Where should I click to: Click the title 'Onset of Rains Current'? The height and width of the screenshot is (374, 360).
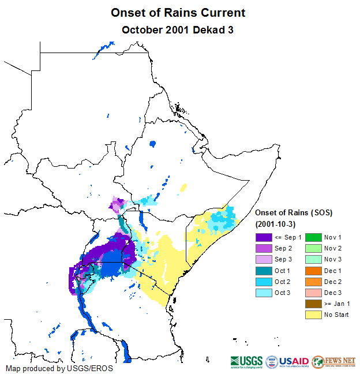tap(178, 13)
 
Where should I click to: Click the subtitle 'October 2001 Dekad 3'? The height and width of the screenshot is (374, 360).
tap(178, 29)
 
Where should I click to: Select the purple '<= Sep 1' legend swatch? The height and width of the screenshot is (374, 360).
tap(264, 237)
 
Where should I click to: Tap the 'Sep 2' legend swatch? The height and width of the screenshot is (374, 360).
tap(264, 248)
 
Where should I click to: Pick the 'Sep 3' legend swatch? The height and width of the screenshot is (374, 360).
tap(264, 259)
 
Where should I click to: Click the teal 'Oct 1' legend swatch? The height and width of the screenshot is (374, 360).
tap(264, 271)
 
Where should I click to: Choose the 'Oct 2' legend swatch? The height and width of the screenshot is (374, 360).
tap(264, 282)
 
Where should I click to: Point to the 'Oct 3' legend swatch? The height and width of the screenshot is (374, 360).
tap(264, 293)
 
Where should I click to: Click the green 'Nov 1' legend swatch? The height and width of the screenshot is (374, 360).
tap(313, 237)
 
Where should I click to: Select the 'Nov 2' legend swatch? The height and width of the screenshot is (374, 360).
tap(313, 248)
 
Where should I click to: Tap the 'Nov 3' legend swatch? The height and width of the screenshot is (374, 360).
tap(313, 259)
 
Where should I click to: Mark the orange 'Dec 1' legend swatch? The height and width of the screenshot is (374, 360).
tap(313, 271)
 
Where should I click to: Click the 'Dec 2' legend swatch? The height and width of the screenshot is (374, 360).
tap(313, 282)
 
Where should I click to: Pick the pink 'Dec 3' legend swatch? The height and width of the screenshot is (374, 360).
tap(313, 293)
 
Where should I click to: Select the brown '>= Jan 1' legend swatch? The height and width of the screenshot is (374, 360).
tap(313, 304)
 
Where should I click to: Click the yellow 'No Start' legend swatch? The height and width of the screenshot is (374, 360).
tap(313, 315)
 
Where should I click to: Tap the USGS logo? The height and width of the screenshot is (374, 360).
tap(246, 362)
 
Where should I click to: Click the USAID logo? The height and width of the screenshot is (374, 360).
tap(287, 362)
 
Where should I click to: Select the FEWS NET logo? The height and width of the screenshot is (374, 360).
tap(333, 362)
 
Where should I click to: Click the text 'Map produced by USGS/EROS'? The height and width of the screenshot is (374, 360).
tap(59, 368)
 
